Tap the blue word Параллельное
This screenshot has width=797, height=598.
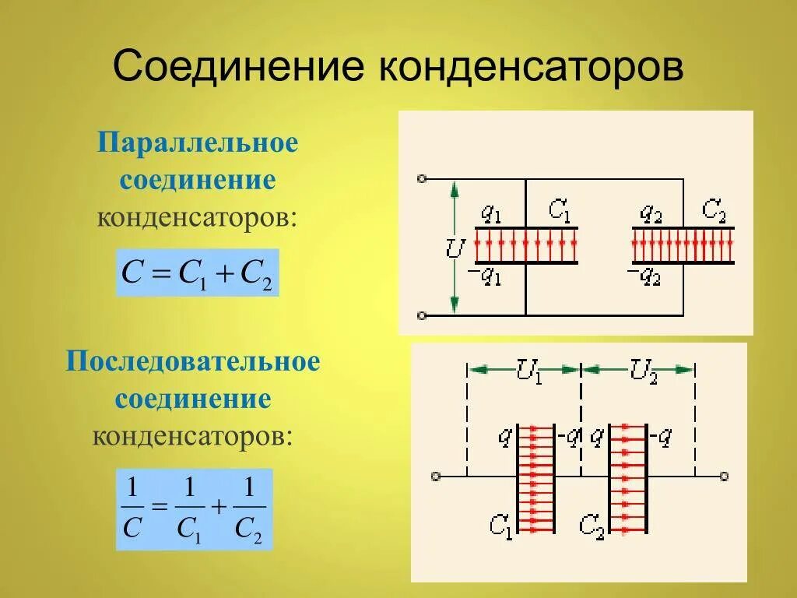(x=198, y=144)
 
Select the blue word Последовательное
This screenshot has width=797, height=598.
(x=194, y=363)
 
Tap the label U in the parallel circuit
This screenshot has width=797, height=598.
(x=455, y=249)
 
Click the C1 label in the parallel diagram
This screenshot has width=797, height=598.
(x=559, y=210)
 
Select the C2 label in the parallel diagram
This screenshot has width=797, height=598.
(x=714, y=210)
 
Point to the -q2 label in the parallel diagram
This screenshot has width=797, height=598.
(x=644, y=275)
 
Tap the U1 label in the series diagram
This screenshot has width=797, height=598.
(x=528, y=371)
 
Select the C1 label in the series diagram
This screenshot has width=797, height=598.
(x=500, y=526)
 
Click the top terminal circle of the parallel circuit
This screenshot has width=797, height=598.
(x=422, y=179)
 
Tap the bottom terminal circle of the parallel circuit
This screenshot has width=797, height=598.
(x=422, y=315)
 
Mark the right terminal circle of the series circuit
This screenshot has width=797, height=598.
(x=724, y=476)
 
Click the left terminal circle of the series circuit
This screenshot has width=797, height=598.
(x=435, y=476)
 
